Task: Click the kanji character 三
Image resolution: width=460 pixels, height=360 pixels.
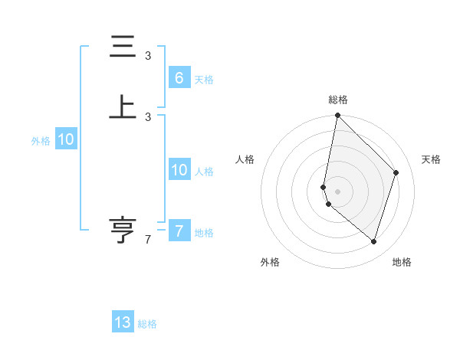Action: click(x=123, y=48)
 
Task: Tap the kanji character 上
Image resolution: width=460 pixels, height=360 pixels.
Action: click(x=123, y=107)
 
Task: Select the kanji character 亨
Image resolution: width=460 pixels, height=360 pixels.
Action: click(x=123, y=230)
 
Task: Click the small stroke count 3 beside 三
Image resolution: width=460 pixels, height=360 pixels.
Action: click(x=148, y=56)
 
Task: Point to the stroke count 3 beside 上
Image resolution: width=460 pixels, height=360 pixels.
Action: click(x=148, y=116)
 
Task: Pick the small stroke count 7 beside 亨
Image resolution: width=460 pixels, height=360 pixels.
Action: click(x=148, y=240)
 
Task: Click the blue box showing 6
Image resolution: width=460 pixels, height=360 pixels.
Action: click(x=179, y=78)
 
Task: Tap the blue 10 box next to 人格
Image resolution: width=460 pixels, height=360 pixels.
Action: click(x=179, y=170)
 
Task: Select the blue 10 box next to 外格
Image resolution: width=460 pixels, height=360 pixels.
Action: click(x=66, y=139)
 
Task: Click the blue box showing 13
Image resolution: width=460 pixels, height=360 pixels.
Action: click(x=123, y=322)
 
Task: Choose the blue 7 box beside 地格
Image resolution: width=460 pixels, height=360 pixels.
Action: click(x=179, y=231)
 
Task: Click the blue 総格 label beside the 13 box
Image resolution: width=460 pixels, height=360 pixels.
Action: click(x=148, y=324)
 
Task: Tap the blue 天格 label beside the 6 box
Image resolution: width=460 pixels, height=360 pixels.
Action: click(x=204, y=80)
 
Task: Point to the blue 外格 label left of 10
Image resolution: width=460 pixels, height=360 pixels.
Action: click(x=41, y=141)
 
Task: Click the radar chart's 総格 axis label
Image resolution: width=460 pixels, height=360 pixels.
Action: click(x=337, y=100)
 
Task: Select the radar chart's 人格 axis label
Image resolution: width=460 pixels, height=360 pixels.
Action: click(x=245, y=159)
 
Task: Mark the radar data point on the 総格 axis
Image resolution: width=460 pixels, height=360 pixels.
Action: click(x=337, y=115)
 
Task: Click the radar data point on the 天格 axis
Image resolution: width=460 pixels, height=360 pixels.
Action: click(x=396, y=172)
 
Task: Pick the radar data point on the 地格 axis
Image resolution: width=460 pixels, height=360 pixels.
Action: click(x=373, y=241)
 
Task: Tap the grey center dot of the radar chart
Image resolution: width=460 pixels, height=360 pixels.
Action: click(x=337, y=191)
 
